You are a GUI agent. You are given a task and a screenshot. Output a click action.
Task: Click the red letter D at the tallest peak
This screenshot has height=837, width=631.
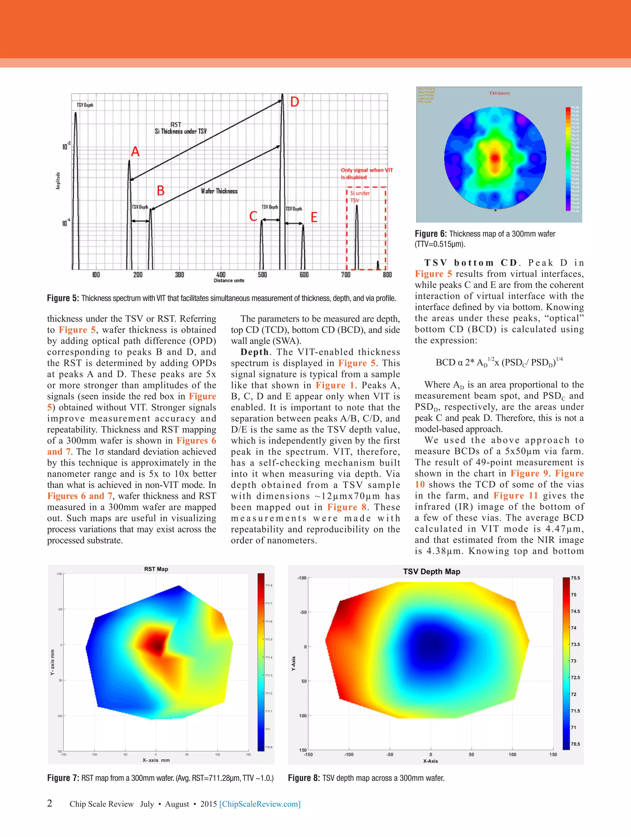295,102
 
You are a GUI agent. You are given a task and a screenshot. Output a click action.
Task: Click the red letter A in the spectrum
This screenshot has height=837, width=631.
135,152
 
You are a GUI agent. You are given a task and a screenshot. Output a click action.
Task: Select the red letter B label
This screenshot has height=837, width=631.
161,190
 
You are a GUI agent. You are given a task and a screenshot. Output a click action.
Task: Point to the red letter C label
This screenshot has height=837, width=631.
253,216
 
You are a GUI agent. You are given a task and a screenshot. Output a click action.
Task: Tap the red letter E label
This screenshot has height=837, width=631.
314,217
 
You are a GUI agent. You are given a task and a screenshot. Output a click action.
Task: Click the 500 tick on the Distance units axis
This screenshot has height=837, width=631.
262,275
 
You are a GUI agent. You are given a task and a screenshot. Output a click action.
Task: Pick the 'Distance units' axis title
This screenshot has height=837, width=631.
229,280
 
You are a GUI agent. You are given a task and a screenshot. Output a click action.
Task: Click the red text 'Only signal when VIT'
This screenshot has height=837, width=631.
367,170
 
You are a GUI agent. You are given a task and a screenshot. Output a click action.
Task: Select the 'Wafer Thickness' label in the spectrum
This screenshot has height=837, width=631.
219,191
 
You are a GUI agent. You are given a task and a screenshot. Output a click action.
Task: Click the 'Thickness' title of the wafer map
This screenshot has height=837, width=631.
499,93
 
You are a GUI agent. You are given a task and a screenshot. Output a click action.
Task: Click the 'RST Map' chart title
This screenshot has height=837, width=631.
156,569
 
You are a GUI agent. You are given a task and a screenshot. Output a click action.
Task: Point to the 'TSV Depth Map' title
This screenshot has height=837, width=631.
431,572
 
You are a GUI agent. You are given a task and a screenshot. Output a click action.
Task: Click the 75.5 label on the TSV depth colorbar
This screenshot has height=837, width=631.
575,578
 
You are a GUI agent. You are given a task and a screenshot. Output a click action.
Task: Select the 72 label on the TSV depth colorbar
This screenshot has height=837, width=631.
573,694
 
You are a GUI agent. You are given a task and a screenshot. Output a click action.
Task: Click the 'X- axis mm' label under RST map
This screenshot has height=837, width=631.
156,760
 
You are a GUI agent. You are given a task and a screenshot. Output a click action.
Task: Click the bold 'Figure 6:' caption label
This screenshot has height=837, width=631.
431,234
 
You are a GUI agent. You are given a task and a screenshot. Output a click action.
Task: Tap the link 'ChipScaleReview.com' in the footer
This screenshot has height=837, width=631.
260,804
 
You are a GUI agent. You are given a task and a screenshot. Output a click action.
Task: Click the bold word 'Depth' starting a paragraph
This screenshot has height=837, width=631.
254,352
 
